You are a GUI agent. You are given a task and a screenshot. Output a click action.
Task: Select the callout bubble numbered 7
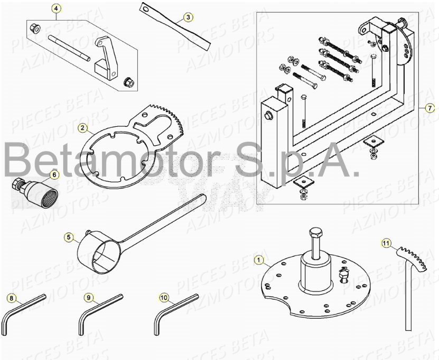[x=430, y=108]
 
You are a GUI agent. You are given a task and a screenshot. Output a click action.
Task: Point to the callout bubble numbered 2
[x=82, y=127]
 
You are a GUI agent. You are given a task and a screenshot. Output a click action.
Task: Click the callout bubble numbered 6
[x=55, y=174]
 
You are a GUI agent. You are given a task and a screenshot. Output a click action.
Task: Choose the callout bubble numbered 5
[x=69, y=237]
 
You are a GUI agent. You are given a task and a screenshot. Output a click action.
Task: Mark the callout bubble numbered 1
[x=258, y=260]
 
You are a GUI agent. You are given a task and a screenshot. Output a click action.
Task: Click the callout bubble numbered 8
[x=12, y=298]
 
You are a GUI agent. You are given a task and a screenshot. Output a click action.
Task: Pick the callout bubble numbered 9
[x=88, y=298]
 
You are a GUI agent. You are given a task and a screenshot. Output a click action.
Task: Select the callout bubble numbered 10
[x=164, y=298]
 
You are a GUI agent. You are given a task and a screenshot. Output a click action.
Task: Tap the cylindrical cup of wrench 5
[x=97, y=254]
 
